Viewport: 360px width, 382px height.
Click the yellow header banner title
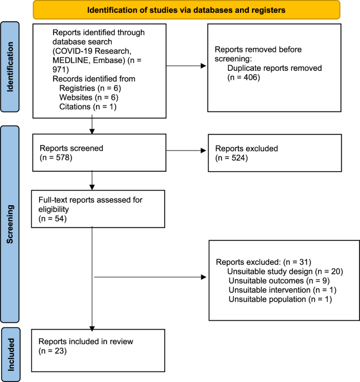186,9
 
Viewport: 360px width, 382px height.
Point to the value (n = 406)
238,78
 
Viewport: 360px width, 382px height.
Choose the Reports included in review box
99,350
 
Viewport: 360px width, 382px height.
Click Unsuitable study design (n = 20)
285,271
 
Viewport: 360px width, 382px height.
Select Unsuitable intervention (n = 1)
282,290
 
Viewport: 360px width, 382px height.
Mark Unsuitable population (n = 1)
280,299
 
